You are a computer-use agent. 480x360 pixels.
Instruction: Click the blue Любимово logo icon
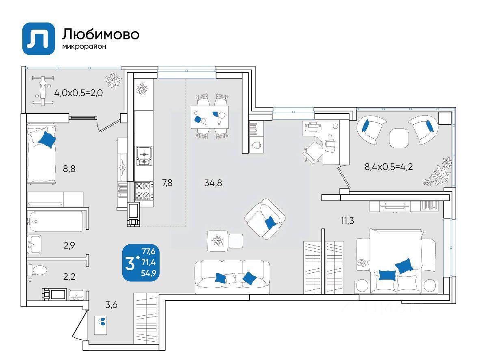(39, 39)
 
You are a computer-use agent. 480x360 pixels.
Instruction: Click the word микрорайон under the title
(84, 47)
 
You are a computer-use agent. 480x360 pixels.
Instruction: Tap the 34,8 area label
(213, 183)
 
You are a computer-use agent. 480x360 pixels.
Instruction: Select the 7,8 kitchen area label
(167, 183)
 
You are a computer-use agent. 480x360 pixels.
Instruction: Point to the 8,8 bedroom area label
(69, 168)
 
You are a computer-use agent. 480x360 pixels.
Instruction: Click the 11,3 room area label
(348, 220)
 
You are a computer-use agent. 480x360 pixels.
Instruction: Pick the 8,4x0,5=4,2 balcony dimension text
(389, 167)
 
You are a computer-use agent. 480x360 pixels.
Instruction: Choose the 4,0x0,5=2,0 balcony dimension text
(78, 93)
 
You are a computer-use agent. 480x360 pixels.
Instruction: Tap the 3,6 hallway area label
(111, 305)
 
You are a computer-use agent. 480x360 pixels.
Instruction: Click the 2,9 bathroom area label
(69, 245)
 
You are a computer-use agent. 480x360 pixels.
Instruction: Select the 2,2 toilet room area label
(69, 277)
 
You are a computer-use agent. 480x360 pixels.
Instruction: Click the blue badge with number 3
(141, 263)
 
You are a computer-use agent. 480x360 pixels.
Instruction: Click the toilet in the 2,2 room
(37, 270)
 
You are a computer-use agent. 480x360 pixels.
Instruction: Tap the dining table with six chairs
(210, 117)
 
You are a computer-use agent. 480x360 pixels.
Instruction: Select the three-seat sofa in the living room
(232, 276)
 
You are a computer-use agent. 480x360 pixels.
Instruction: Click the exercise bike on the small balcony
(43, 91)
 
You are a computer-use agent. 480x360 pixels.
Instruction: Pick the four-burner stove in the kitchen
(144, 191)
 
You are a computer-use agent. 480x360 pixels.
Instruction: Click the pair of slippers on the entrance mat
(102, 321)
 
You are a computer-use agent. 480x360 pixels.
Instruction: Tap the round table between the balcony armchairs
(399, 138)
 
